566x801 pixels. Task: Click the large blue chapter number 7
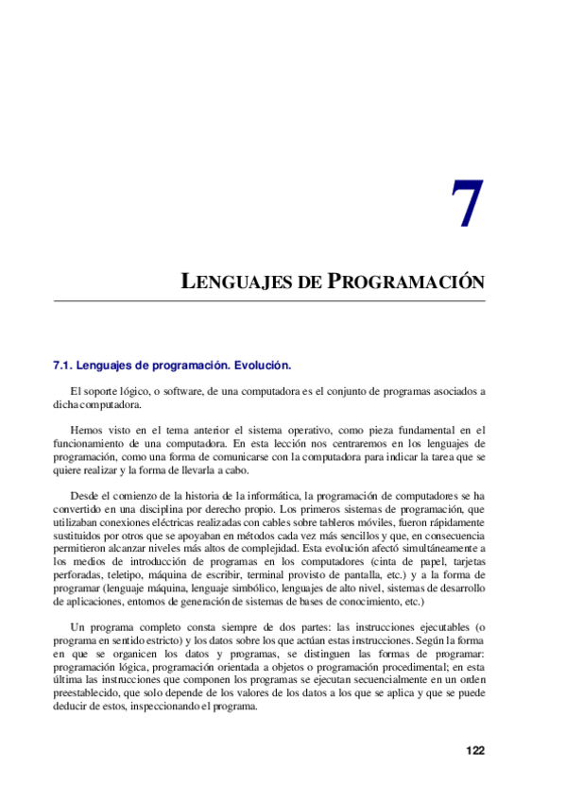(466, 205)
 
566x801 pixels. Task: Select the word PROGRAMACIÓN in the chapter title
(406, 281)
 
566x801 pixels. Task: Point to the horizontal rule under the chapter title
(269, 301)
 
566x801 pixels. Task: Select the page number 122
(475, 751)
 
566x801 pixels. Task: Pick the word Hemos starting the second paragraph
(88, 429)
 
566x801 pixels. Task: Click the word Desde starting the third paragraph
(86, 495)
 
